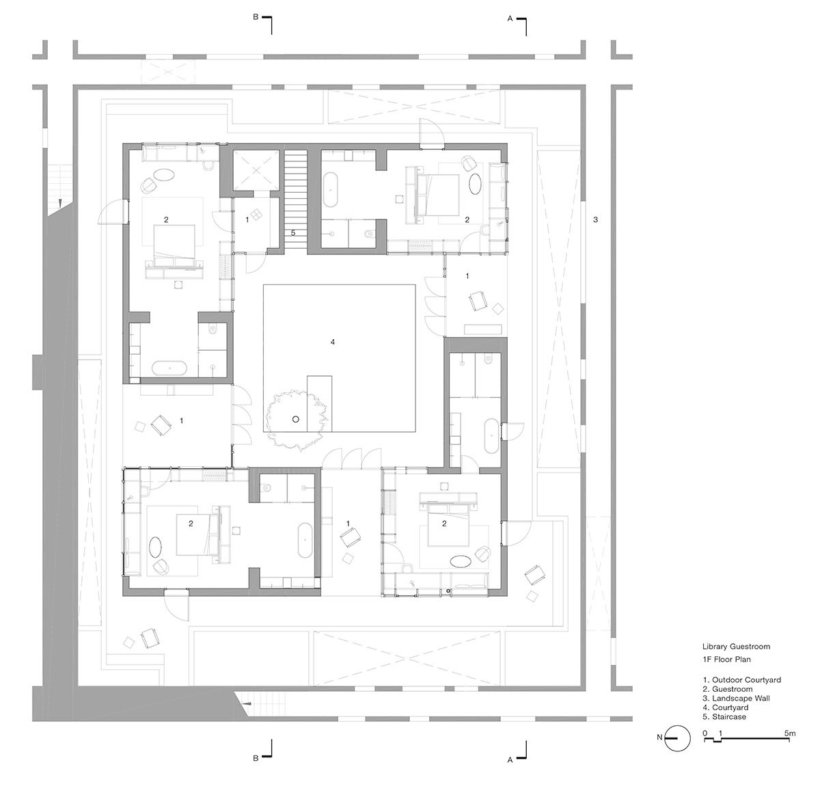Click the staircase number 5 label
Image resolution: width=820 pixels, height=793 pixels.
tap(293, 232)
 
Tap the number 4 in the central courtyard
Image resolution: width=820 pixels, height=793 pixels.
tap(333, 342)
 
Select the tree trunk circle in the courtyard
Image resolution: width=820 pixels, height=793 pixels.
tap(295, 419)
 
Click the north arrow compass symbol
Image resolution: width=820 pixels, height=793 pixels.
tap(677, 738)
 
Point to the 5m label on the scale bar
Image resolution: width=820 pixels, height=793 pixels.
tap(790, 733)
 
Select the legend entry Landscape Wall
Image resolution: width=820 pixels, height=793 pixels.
tap(736, 698)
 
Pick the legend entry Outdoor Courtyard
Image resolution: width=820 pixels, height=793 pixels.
tap(741, 680)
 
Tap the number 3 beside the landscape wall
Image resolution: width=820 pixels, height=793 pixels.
tap(595, 219)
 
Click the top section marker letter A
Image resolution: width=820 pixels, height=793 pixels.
tap(510, 18)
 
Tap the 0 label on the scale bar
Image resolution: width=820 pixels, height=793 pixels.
tap(705, 733)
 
